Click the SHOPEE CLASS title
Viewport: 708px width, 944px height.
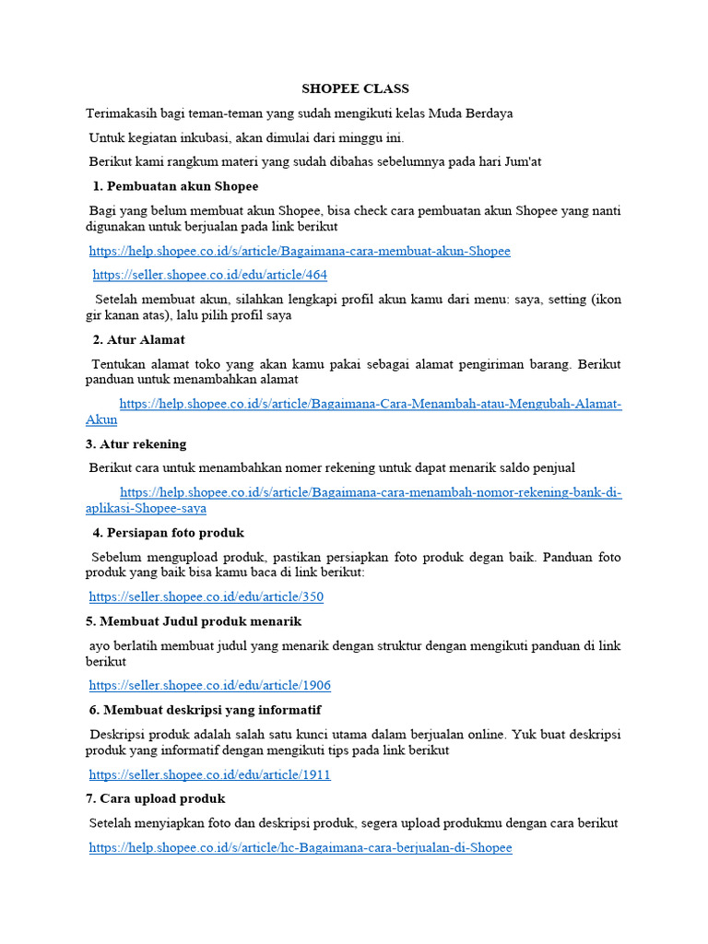tap(355, 88)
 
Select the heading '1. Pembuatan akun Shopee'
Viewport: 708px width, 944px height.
tap(176, 186)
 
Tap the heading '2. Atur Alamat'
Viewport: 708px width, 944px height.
tap(139, 339)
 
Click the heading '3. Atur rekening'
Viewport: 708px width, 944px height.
tap(136, 443)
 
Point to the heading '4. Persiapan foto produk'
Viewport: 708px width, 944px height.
tap(168, 533)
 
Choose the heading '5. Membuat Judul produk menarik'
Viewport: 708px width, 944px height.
tap(194, 621)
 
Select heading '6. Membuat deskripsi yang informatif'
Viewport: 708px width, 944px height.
tap(205, 709)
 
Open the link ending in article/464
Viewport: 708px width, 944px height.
tap(210, 275)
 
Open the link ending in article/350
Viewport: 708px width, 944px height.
tap(206, 596)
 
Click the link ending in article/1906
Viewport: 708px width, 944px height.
tap(210, 685)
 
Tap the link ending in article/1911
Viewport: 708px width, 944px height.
tap(210, 774)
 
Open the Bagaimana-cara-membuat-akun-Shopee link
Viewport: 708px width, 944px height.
tap(300, 251)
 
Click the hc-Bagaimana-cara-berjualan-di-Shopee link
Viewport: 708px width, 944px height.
tap(301, 847)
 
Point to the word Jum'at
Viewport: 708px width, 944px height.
tap(519, 161)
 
